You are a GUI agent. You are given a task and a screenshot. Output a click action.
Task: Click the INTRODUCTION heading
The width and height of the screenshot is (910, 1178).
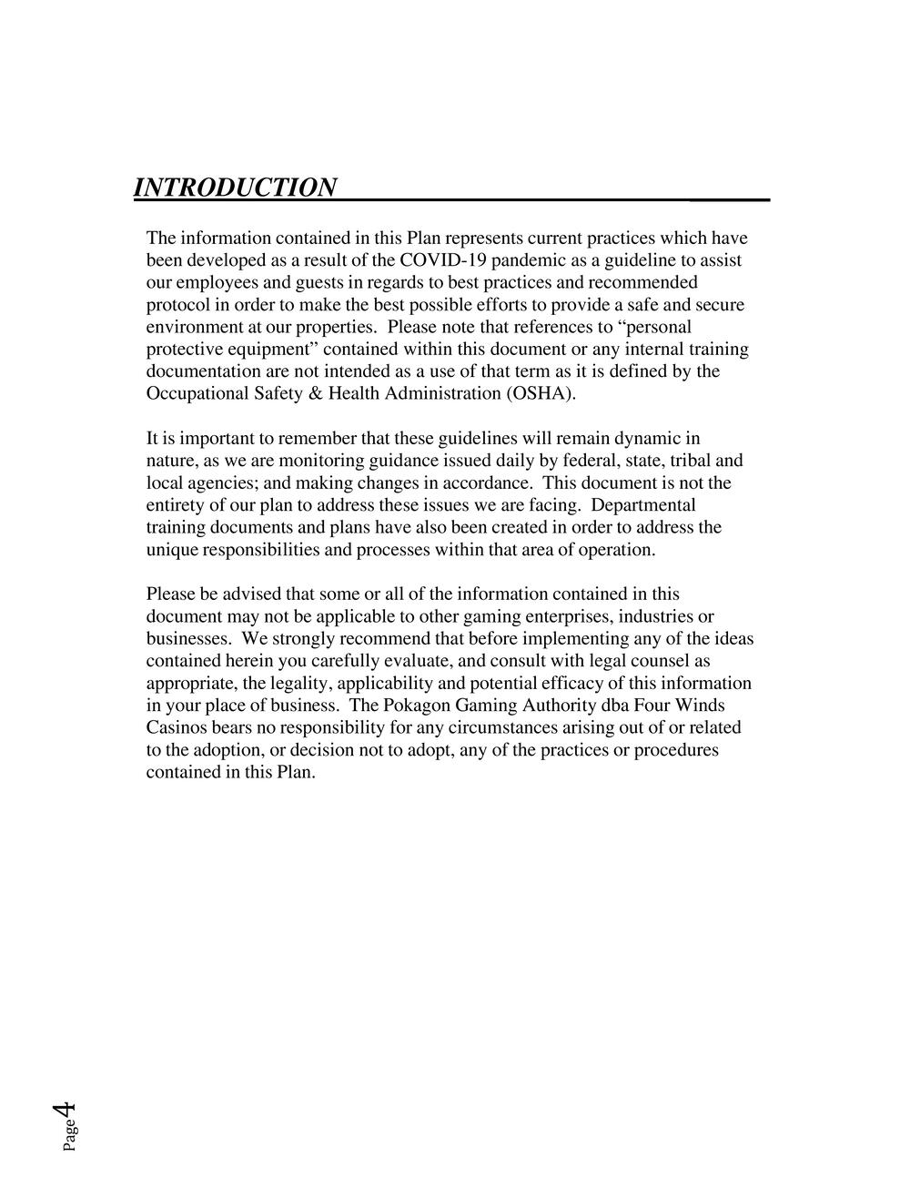[235, 188]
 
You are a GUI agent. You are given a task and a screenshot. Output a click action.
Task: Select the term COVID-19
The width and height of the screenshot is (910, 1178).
[442, 260]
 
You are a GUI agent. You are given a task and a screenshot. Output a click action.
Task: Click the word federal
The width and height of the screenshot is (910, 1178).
[569, 461]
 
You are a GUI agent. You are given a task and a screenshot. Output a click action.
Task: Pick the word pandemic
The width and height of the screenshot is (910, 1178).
[530, 260]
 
